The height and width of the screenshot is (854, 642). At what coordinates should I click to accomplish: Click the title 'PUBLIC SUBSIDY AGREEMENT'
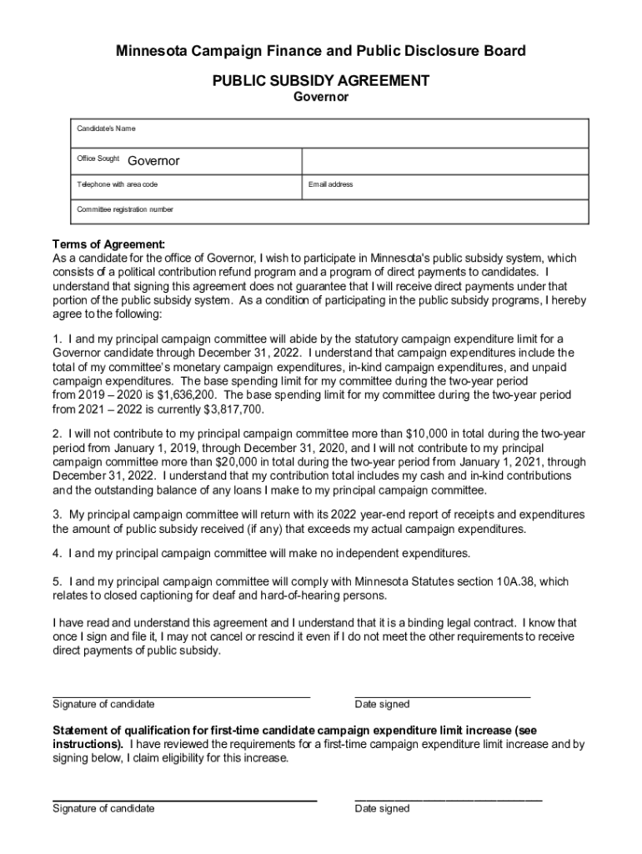(x=321, y=81)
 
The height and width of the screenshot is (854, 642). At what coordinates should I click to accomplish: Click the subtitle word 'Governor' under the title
(x=321, y=98)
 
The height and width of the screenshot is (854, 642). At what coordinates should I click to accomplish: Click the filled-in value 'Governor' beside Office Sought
(x=153, y=160)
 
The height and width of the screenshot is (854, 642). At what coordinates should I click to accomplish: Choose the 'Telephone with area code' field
(x=118, y=184)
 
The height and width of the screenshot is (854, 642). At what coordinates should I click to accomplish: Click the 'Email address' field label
(x=330, y=184)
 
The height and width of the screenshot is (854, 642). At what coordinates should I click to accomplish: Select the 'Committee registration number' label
(x=125, y=209)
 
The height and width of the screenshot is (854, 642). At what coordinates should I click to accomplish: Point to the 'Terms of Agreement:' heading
(x=108, y=244)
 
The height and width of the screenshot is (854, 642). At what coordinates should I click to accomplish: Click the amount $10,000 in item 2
(x=431, y=434)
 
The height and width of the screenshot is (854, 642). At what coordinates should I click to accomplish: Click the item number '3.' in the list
(x=58, y=514)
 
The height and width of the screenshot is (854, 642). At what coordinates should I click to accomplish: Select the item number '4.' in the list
(x=58, y=553)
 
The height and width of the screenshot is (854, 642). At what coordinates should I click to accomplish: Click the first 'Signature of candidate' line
(x=181, y=694)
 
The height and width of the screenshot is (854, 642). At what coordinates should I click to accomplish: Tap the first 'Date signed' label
(x=382, y=705)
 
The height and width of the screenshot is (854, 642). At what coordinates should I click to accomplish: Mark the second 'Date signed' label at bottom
(x=382, y=808)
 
